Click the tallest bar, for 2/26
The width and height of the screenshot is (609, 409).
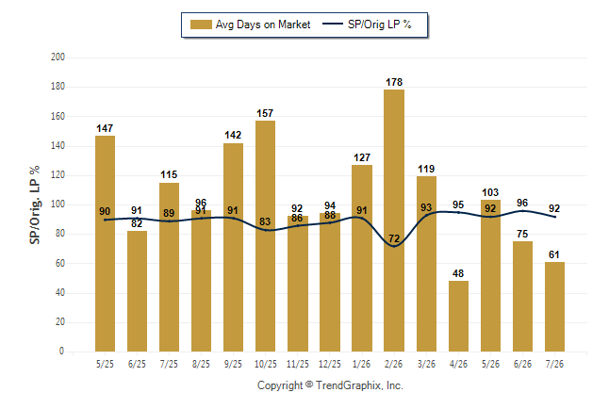tap(394, 221)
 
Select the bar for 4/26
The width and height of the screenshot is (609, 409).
tap(458, 316)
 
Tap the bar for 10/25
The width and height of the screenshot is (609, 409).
tap(265, 237)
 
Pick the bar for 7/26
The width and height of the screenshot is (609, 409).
tap(554, 307)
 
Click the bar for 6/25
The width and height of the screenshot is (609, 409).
tap(137, 291)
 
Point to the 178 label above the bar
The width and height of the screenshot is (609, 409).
tap(394, 82)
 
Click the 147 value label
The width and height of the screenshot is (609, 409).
tap(105, 128)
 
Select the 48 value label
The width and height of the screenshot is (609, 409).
tap(458, 273)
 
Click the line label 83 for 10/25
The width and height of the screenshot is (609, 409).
tap(265, 221)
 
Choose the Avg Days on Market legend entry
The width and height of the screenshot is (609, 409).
tap(251, 25)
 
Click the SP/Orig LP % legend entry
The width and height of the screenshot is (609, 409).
tap(367, 25)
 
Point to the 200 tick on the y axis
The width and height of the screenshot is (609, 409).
tap(58, 57)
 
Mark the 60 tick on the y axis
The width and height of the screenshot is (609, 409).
tap(59, 263)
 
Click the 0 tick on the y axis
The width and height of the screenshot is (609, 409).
tap(61, 352)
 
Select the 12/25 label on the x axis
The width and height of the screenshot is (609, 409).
tap(330, 364)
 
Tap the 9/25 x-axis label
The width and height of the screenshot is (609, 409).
tap(233, 364)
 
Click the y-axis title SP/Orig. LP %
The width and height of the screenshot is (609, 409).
tap(35, 204)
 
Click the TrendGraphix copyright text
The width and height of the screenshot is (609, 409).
tap(330, 385)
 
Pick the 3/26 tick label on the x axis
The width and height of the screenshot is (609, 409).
tap(426, 364)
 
